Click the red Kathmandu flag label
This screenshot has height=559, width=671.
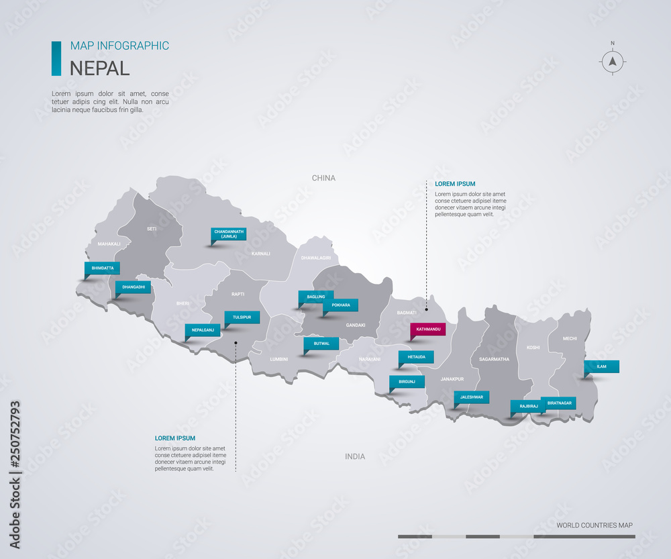coord(428,329)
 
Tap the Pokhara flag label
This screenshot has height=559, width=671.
coord(341,305)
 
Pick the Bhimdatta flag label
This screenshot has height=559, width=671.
coord(103,268)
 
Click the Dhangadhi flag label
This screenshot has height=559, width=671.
coord(134,288)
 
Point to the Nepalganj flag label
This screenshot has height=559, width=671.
coord(203,330)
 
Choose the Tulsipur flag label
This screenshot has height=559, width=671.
coord(242,317)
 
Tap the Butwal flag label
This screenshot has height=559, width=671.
coord(321,344)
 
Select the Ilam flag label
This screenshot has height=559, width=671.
coord(601,366)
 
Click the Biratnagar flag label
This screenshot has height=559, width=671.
coord(558,403)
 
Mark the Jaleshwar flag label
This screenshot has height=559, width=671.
coord(472,397)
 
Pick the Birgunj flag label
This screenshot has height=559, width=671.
coord(407,382)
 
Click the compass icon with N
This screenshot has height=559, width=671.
coord(612,62)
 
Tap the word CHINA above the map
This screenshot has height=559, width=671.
coord(323,178)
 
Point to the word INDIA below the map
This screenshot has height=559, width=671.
coord(355,456)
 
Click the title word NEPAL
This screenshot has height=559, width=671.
coord(100,68)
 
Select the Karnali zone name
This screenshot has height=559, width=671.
coord(260,254)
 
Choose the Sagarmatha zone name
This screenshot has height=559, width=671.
coord(495,359)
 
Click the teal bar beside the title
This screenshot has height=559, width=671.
coord(56,58)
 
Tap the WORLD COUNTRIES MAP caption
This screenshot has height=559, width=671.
coord(595,525)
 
